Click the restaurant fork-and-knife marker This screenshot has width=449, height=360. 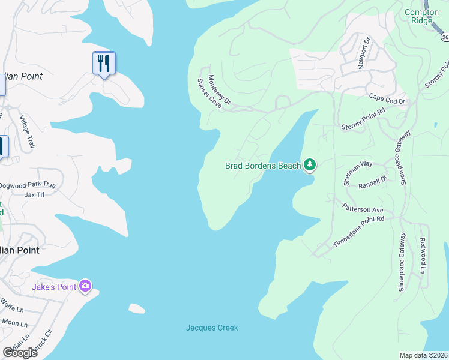104,63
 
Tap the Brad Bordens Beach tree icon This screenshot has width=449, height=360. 309,164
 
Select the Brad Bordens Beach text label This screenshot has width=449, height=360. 262,166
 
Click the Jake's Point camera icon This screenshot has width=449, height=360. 85,286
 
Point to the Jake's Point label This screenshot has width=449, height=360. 54,287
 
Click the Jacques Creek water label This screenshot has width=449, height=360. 212,328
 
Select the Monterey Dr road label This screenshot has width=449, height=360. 219,88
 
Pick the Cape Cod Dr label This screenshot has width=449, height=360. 387,97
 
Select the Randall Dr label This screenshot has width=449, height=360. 372,183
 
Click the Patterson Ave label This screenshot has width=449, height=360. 363,209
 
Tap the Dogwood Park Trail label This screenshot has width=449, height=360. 28,186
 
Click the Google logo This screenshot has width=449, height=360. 20,353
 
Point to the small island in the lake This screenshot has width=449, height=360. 137,308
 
